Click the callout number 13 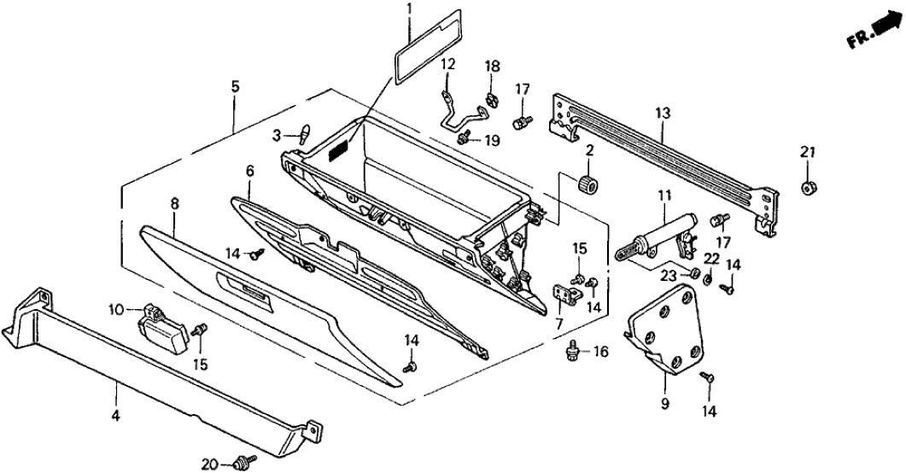(x=663, y=113)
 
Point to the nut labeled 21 (x=808, y=187)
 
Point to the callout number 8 (x=174, y=203)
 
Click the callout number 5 (x=235, y=86)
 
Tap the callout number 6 (x=249, y=171)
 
